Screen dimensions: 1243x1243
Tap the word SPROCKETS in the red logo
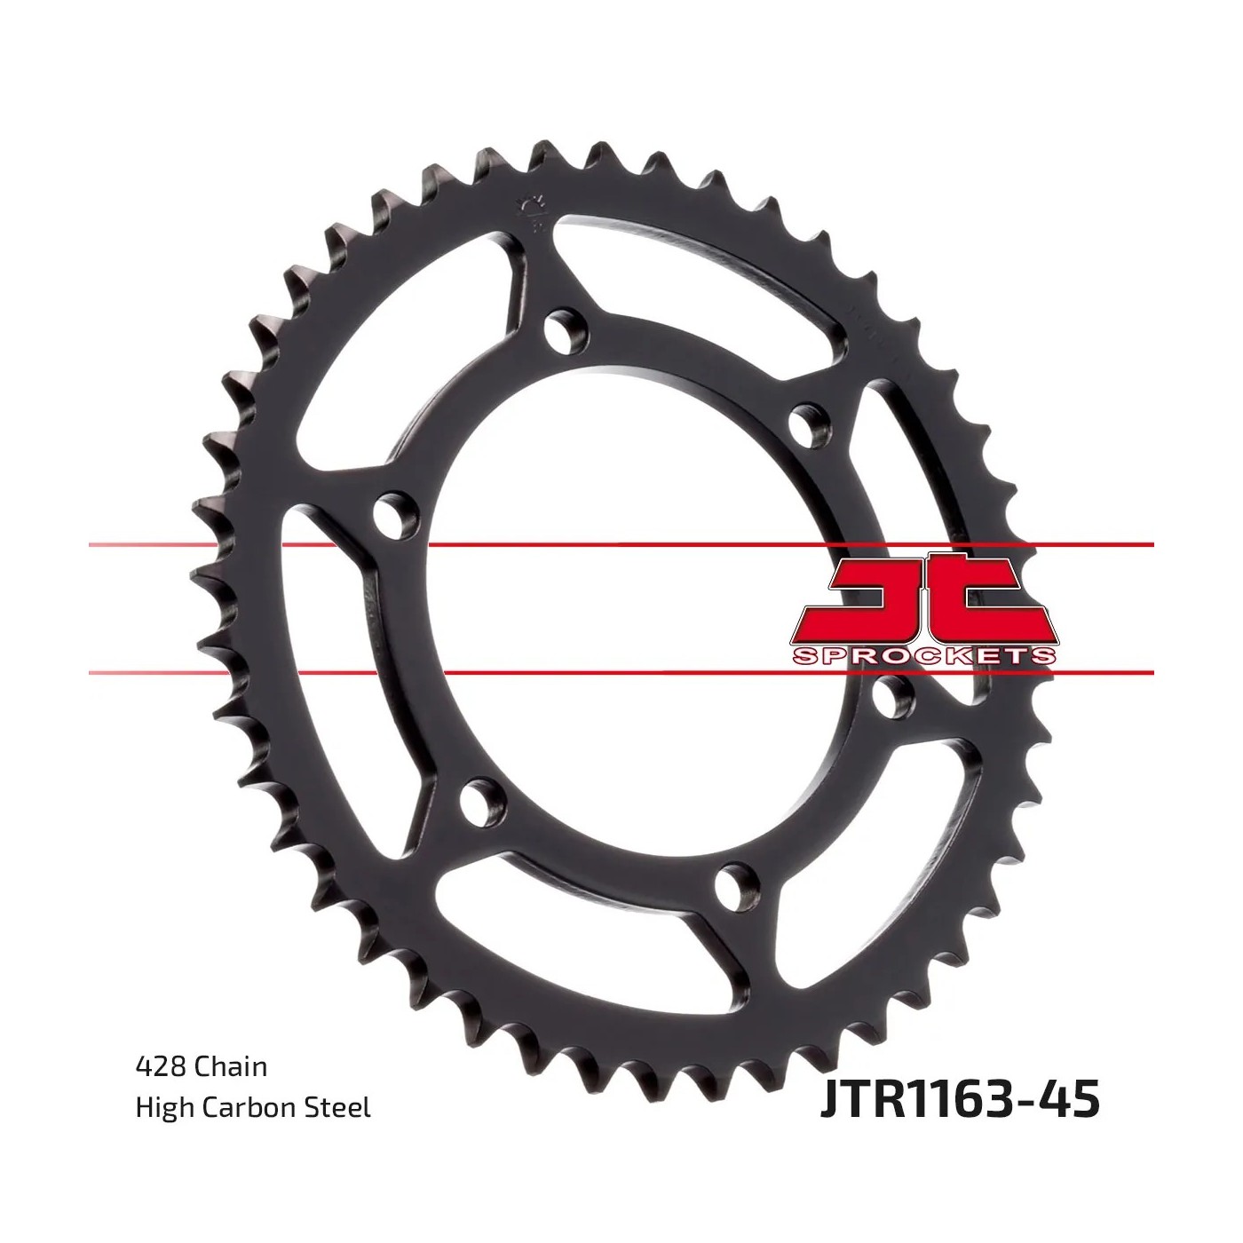coord(923,657)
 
